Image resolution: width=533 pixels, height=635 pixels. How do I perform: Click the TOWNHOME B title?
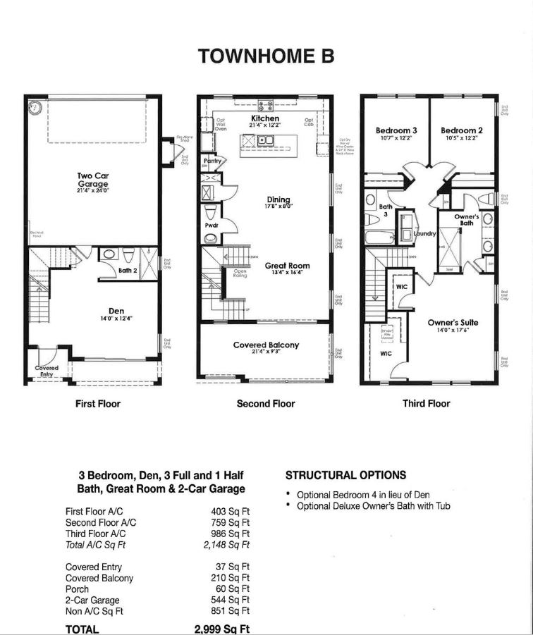pyautogui.click(x=266, y=56)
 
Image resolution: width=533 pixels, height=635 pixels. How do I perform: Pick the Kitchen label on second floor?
pyautogui.click(x=265, y=118)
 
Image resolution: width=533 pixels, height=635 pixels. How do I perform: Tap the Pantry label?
pyautogui.click(x=213, y=161)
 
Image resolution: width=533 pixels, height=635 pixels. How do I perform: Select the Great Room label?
pyautogui.click(x=287, y=266)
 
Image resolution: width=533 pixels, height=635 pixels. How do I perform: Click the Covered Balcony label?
pyautogui.click(x=266, y=345)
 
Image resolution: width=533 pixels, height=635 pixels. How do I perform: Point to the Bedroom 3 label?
pyautogui.click(x=396, y=130)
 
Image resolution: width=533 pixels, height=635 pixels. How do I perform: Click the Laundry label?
pyautogui.click(x=425, y=233)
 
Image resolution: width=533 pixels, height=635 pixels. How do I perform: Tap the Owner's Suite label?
pyautogui.click(x=453, y=322)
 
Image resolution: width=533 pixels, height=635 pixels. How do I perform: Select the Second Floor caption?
pyautogui.click(x=266, y=404)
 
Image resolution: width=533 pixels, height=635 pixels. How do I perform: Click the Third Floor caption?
pyautogui.click(x=426, y=404)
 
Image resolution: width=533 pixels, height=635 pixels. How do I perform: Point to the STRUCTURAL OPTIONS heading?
pyautogui.click(x=345, y=475)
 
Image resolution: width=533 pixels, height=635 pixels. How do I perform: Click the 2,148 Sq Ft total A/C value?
pyautogui.click(x=227, y=545)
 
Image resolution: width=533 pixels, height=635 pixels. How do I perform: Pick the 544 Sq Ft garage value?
pyautogui.click(x=233, y=600)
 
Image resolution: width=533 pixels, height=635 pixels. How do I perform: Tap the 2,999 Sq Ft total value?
pyautogui.click(x=222, y=629)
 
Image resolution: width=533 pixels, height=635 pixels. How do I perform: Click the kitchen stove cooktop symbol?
pyautogui.click(x=266, y=106)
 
